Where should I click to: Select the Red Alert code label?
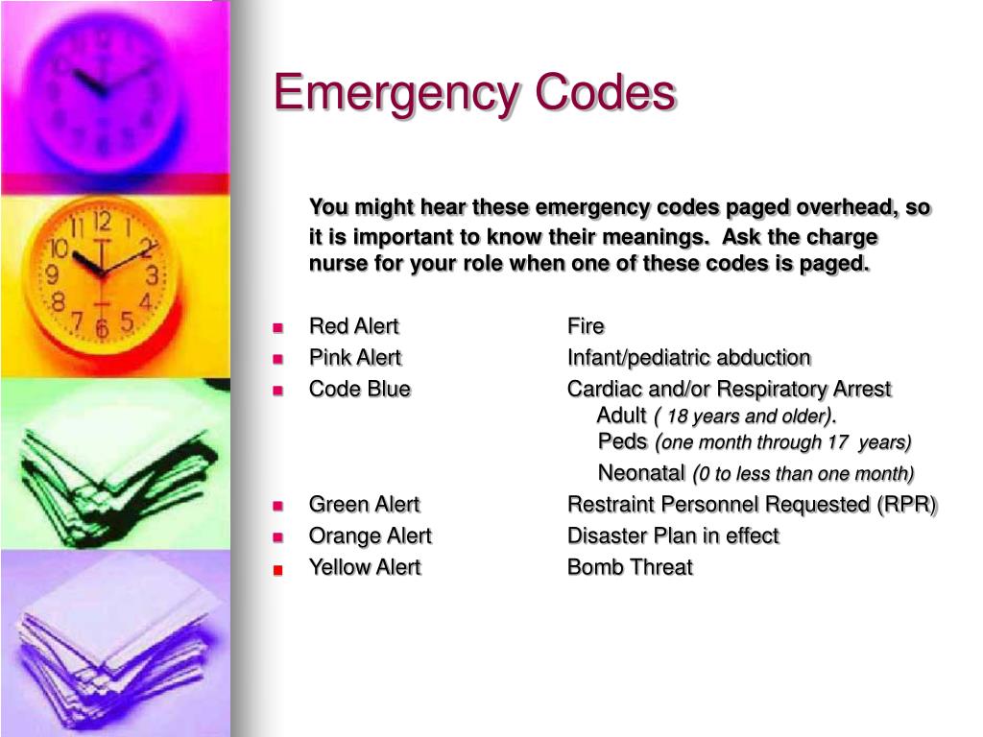click(x=354, y=326)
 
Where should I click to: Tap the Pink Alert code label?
click(x=355, y=357)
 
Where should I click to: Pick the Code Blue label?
click(x=360, y=389)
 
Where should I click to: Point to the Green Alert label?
click(x=364, y=504)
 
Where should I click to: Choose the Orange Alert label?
click(x=371, y=535)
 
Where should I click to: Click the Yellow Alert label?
click(x=365, y=567)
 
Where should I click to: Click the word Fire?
click(x=586, y=326)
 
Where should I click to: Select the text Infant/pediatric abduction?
click(x=689, y=358)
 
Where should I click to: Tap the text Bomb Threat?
click(x=630, y=567)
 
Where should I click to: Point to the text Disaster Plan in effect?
click(x=673, y=535)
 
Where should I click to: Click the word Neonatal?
click(x=641, y=472)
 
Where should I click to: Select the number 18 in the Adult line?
click(x=677, y=416)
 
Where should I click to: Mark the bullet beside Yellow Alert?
click(x=278, y=570)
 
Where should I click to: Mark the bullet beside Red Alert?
click(x=278, y=328)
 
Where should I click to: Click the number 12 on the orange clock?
click(x=102, y=222)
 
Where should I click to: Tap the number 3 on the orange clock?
click(x=152, y=275)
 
